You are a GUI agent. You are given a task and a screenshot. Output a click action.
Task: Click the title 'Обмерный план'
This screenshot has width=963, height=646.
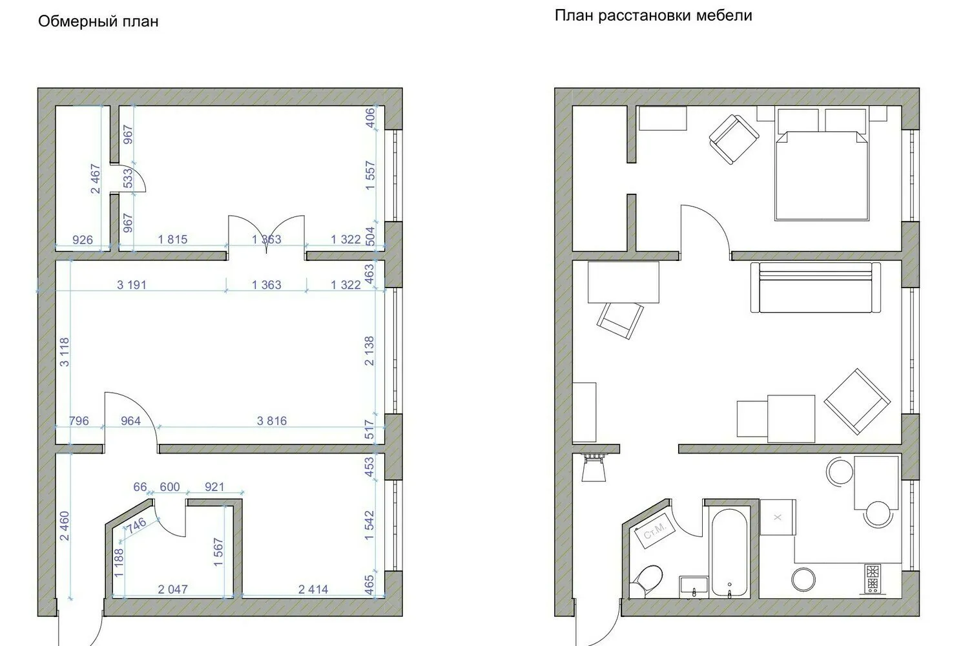pyautogui.click(x=98, y=22)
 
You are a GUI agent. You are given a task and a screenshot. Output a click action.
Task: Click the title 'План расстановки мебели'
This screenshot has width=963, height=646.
pyautogui.click(x=653, y=16)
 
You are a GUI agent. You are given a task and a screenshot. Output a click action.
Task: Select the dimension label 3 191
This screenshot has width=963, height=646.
pyautogui.click(x=132, y=284)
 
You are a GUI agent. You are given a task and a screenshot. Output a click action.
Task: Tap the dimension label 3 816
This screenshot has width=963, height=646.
pyautogui.click(x=271, y=421)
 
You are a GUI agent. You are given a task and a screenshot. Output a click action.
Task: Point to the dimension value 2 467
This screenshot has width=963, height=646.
pyautogui.click(x=96, y=179)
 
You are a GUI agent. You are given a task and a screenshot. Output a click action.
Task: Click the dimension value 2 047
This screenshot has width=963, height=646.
pyautogui.click(x=172, y=589)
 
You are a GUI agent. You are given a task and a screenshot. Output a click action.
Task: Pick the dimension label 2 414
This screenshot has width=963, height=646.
pyautogui.click(x=313, y=589)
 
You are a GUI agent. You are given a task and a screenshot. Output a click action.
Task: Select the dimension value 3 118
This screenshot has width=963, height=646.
pyautogui.click(x=64, y=352)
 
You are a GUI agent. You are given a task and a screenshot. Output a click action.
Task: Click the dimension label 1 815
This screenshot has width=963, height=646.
pyautogui.click(x=172, y=240)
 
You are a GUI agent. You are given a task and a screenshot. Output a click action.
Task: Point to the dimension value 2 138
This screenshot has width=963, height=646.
pyautogui.click(x=369, y=351)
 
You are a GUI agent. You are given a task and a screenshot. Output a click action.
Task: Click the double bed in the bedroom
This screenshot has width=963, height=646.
pyautogui.click(x=822, y=174)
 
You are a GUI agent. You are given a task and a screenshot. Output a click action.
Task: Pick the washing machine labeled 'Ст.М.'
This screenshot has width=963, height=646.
pyautogui.click(x=656, y=533)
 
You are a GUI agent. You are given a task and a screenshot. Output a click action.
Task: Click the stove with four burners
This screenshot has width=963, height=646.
pyautogui.click(x=873, y=578)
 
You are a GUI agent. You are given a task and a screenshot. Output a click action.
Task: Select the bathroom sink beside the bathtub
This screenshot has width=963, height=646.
pyautogui.click(x=694, y=586)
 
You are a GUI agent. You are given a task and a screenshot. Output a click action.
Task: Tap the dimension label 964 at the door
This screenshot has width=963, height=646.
pyautogui.click(x=130, y=421)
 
